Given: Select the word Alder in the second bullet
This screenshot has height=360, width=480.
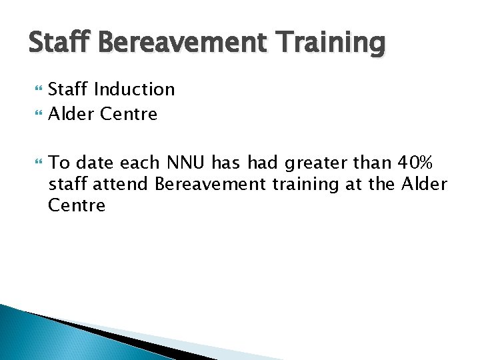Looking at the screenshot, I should coord(72,114).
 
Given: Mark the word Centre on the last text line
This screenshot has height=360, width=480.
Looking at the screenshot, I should coord(77,205).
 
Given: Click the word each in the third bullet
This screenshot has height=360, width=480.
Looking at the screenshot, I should coord(145,163).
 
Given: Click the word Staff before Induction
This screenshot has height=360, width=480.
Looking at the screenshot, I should coord(69,89).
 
